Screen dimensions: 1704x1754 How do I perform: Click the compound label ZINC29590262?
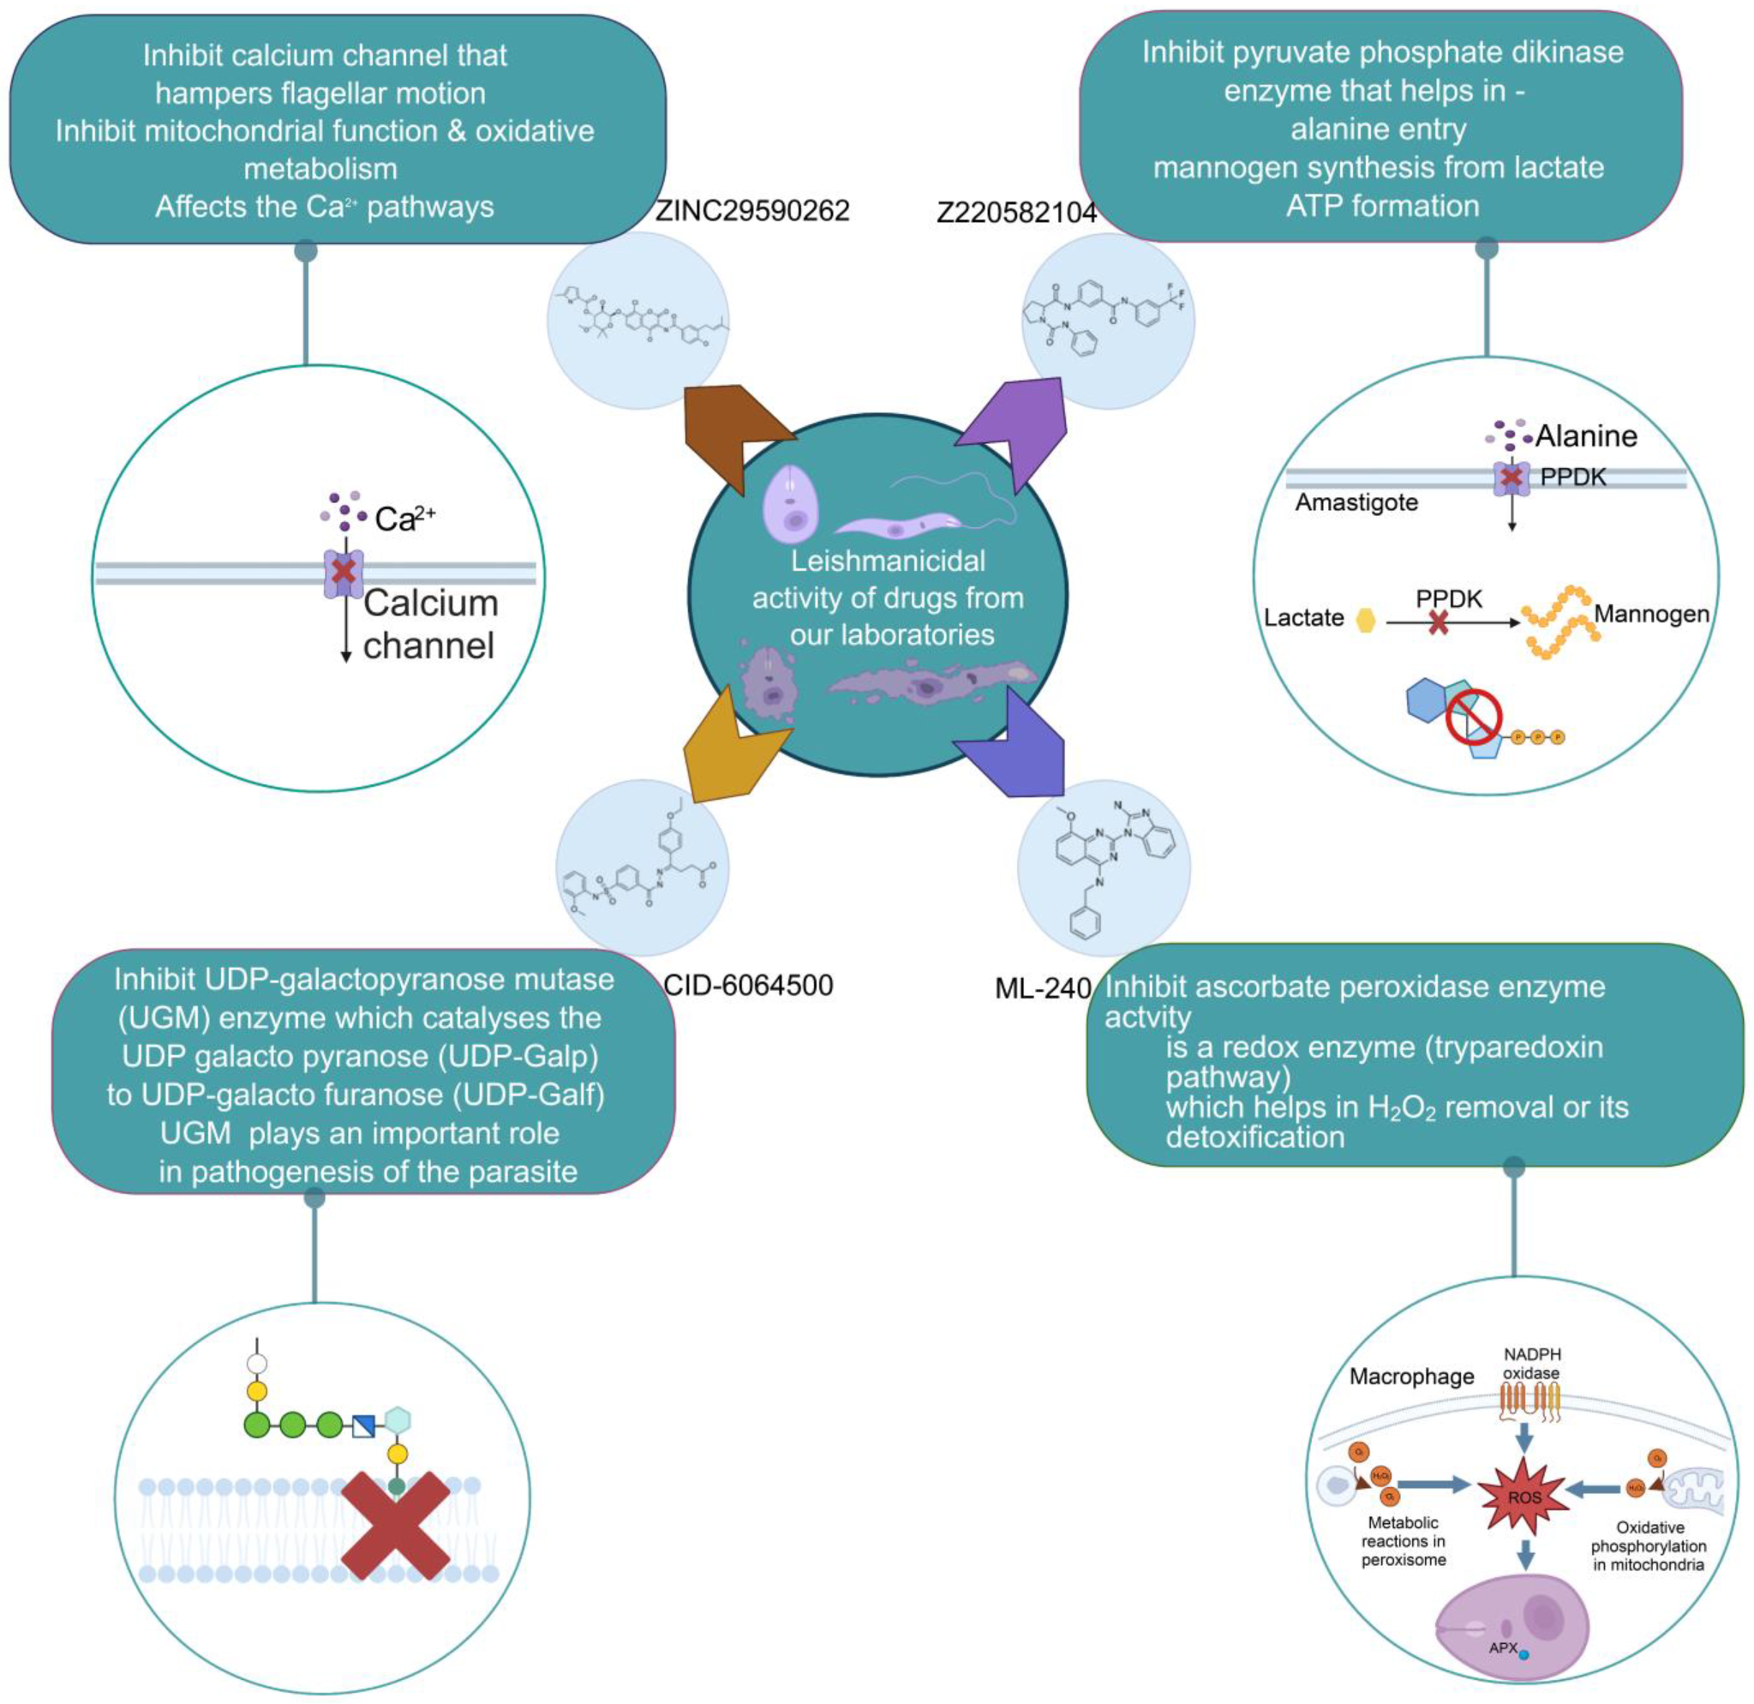tap(751, 211)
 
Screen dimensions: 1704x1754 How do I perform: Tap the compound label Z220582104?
tap(1015, 213)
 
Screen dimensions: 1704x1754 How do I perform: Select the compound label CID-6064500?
tap(748, 986)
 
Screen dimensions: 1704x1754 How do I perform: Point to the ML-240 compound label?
tap(1043, 988)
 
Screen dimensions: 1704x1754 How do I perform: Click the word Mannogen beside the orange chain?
tap(1651, 614)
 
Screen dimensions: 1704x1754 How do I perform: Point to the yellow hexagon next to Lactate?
tap(1366, 620)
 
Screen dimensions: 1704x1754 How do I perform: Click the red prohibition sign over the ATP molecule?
tap(1473, 722)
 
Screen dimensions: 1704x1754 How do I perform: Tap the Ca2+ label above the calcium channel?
tap(404, 519)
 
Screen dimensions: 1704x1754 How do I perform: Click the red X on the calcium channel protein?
tap(344, 571)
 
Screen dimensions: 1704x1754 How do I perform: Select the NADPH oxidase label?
tap(1531, 1364)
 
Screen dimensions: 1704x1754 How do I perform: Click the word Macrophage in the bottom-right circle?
tap(1411, 1377)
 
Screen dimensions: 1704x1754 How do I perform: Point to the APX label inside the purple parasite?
tap(1503, 1647)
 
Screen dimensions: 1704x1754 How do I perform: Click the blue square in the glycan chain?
tap(363, 1425)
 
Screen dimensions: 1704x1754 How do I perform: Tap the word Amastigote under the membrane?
tap(1356, 503)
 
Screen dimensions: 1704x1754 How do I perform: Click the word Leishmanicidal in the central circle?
tap(887, 561)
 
